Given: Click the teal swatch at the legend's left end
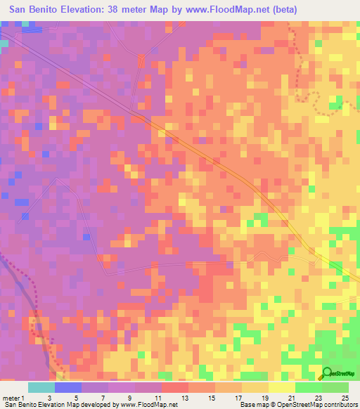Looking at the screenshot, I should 41,387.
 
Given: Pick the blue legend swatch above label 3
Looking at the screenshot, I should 68,387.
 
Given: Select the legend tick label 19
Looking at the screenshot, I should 255,398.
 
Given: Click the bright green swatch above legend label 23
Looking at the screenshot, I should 308,387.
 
